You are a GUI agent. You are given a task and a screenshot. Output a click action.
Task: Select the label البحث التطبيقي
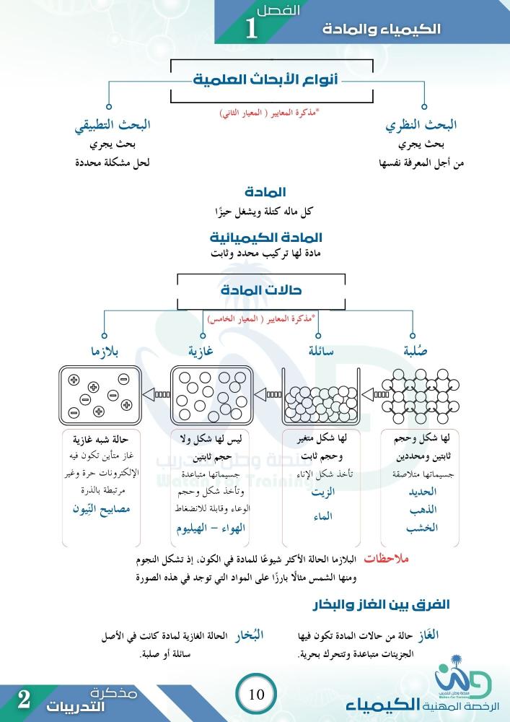click(113, 124)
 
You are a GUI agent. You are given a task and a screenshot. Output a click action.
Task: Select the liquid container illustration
click(320, 396)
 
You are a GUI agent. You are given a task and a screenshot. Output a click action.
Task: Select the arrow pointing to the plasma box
click(155, 394)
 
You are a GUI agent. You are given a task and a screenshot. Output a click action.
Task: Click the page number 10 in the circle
click(256, 695)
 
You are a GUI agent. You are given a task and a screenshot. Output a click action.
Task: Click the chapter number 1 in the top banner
click(252, 29)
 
